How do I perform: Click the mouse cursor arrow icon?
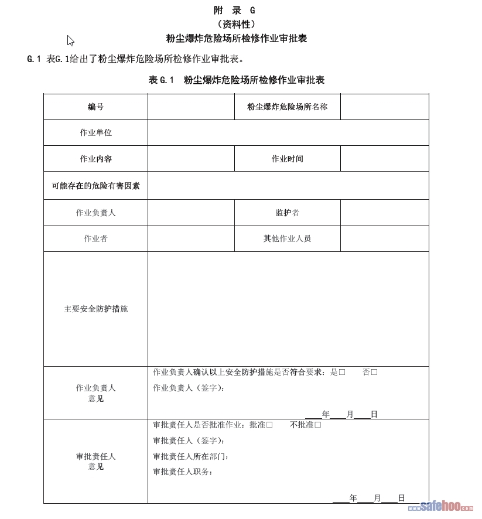point(70,40)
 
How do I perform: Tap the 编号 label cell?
point(95,107)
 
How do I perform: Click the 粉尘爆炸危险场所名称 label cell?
point(287,107)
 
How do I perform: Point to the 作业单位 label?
point(95,132)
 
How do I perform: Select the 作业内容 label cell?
point(95,159)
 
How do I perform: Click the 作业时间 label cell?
point(287,159)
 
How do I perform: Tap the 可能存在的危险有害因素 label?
point(95,186)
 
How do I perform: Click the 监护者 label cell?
point(287,213)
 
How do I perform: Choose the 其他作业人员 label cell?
point(287,238)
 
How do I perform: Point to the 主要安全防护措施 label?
point(95,309)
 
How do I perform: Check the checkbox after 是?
point(342,372)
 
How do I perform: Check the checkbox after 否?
point(374,372)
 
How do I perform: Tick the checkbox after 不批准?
point(318,425)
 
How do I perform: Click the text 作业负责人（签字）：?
point(189,388)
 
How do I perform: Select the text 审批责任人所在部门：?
point(191,456)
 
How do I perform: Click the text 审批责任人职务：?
point(183,472)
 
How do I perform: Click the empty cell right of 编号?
point(191,107)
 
